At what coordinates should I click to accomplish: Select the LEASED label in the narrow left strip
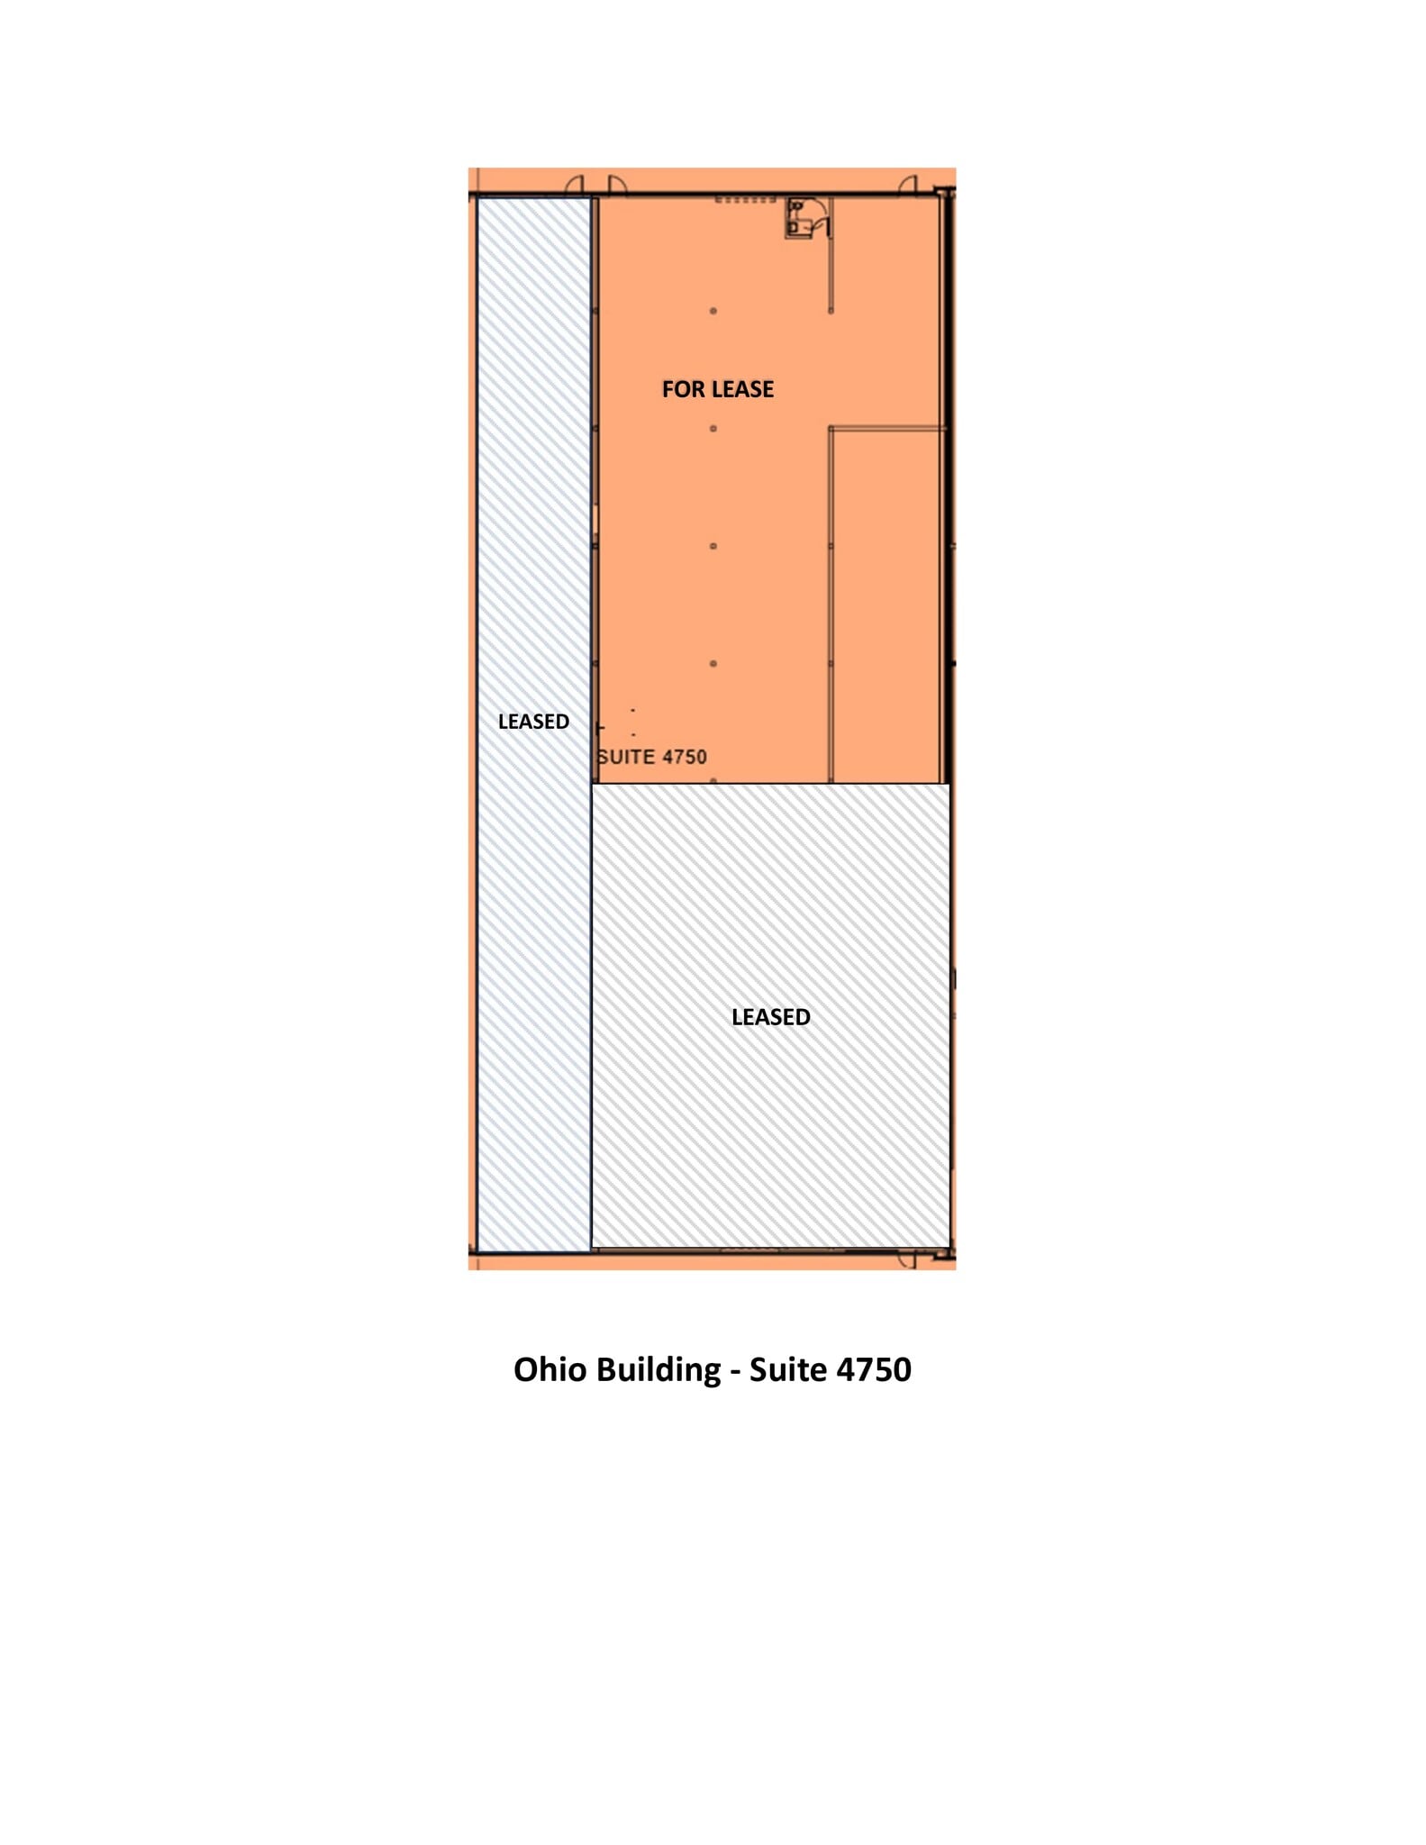tap(533, 722)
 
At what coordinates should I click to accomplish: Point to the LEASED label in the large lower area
tap(770, 1017)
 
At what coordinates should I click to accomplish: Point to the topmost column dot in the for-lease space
tap(713, 311)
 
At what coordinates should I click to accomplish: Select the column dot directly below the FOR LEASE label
tap(713, 429)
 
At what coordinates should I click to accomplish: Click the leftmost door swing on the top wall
tap(574, 186)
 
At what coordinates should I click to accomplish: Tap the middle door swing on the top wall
tap(617, 186)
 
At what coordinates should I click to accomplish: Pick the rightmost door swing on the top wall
tap(907, 186)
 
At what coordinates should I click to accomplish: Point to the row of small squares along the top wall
tap(745, 200)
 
